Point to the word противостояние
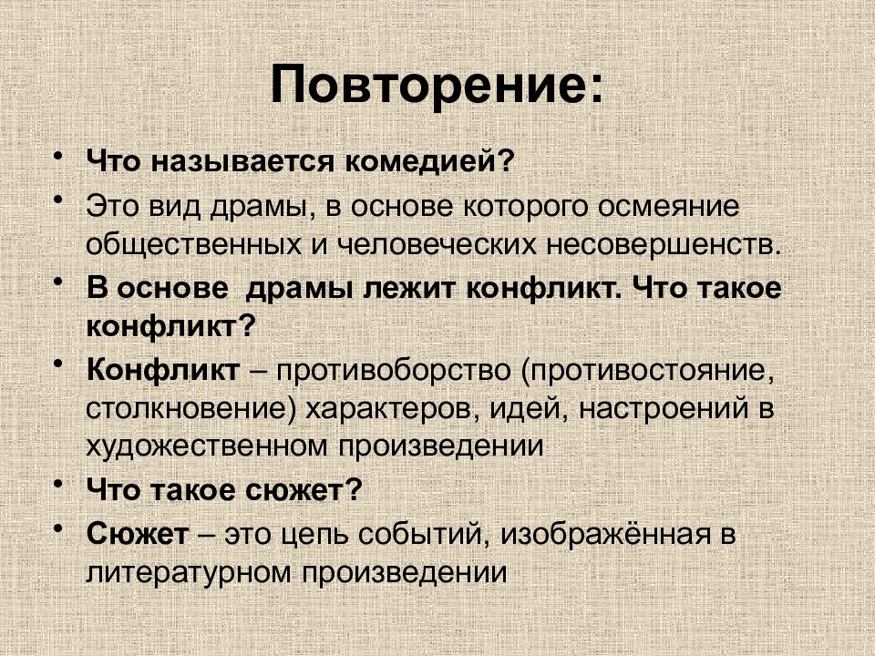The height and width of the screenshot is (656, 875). click(x=650, y=371)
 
